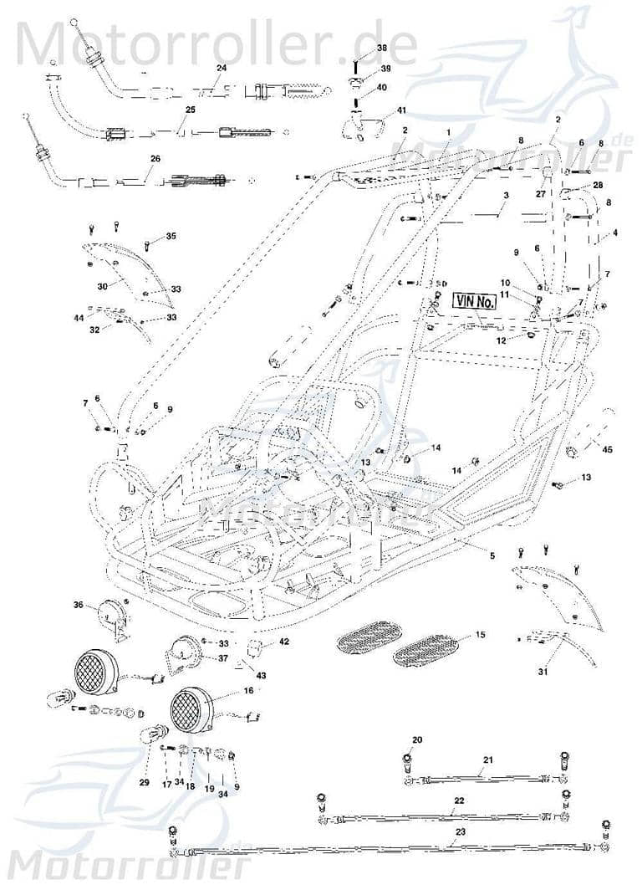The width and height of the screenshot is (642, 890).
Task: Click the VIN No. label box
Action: point(475,301)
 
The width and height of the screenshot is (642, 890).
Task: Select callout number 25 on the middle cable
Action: point(190,110)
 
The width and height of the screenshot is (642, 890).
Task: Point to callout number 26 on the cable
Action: point(155,158)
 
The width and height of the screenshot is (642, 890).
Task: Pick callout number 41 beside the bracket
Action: point(402,110)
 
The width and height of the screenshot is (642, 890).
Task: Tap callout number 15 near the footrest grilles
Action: point(480,636)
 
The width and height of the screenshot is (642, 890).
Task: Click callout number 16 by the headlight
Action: point(248,691)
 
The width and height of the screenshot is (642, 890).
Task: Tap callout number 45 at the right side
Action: point(608,450)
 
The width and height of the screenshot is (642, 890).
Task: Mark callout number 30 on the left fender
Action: point(102,286)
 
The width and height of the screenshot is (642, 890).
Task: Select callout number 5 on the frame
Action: point(492,556)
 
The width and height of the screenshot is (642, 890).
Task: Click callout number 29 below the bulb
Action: point(144,783)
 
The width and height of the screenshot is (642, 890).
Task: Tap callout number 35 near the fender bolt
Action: point(171,237)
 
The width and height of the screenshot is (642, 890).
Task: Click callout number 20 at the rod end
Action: point(418,739)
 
